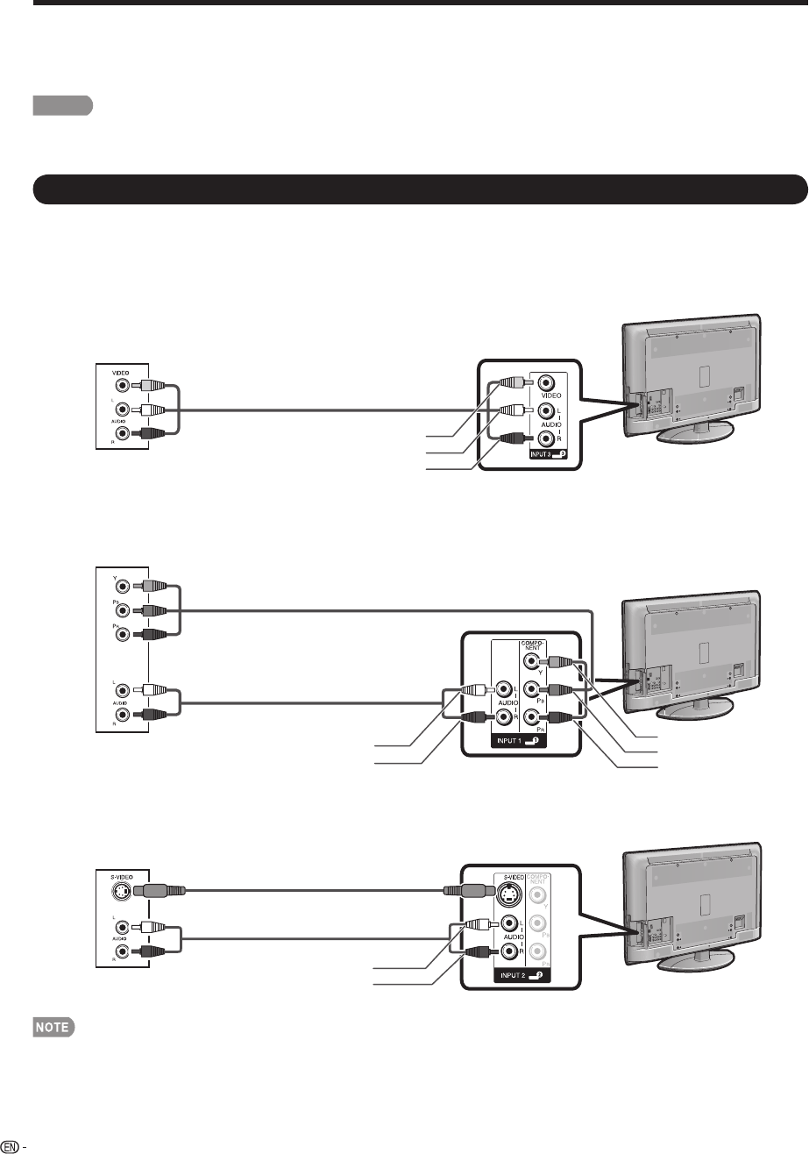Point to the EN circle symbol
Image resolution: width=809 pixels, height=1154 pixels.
pos(11,1146)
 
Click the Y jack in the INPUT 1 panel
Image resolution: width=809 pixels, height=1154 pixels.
pos(530,664)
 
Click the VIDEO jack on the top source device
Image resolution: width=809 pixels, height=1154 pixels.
pos(123,384)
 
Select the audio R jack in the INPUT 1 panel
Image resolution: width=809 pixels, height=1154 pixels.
pos(505,716)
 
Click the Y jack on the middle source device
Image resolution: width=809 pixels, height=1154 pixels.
pos(123,587)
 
